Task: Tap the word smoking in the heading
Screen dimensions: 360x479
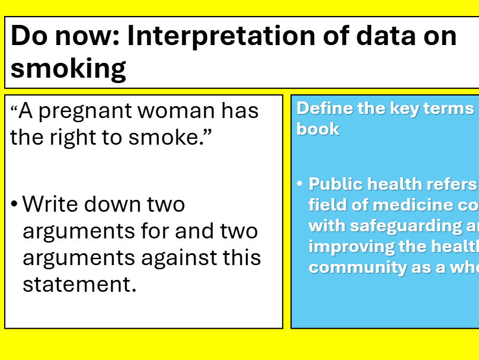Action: pyautogui.click(x=68, y=68)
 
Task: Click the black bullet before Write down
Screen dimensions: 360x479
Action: pyautogui.click(x=14, y=205)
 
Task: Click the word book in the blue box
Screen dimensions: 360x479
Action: pyautogui.click(x=318, y=129)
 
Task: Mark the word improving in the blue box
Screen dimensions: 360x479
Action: pyautogui.click(x=344, y=246)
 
